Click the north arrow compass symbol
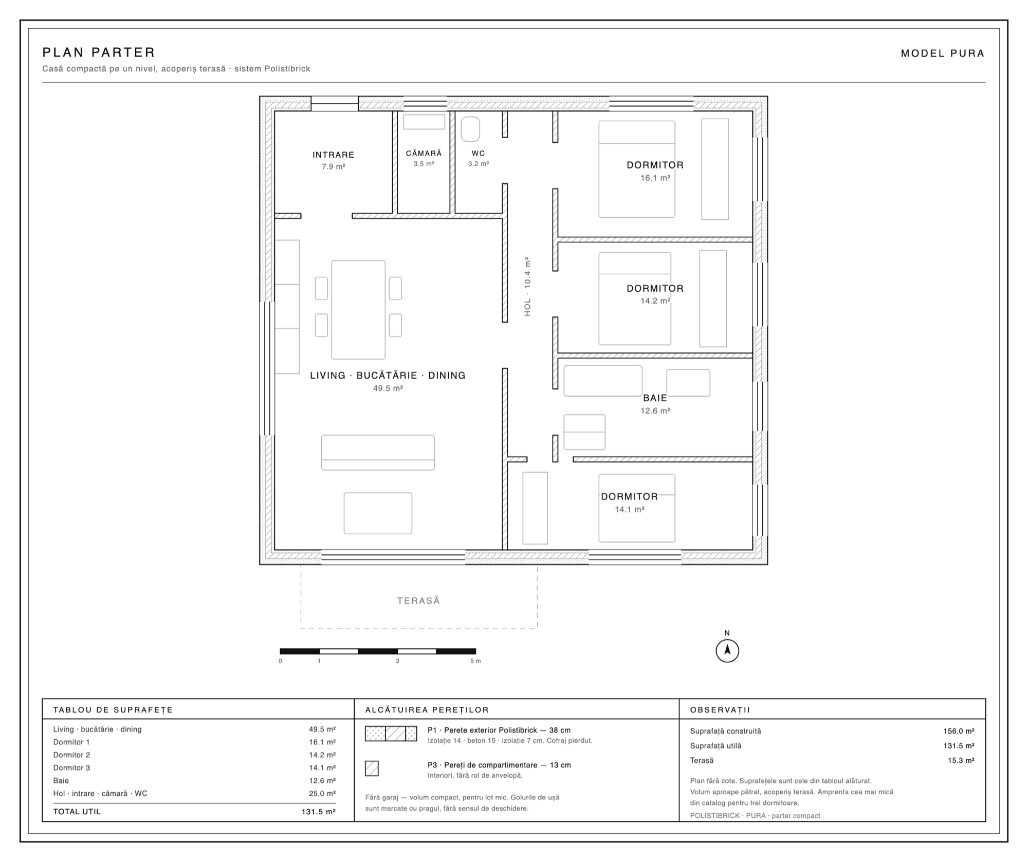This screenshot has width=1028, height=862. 727,650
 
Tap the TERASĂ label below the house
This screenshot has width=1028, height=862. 418,601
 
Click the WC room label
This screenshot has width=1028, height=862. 478,153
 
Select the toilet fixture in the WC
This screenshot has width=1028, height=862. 470,129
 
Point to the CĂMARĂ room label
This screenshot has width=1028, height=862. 424,153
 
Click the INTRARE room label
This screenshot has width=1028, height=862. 334,155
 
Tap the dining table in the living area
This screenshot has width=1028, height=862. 358,310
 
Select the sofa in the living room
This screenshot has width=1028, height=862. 378,453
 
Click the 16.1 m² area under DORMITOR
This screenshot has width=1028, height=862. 655,178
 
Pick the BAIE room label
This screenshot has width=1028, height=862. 655,398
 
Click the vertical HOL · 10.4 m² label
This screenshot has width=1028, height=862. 527,286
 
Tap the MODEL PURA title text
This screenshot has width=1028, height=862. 943,53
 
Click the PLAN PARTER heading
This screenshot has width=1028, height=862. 99,52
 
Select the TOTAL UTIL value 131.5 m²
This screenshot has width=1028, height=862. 319,812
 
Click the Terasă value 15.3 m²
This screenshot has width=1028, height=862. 961,760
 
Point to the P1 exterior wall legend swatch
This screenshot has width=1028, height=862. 391,734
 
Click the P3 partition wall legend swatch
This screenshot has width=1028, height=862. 372,769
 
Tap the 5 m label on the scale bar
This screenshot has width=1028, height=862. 475,661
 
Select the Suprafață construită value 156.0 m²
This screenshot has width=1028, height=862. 959,731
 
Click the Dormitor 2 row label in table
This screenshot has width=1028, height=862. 71,755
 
